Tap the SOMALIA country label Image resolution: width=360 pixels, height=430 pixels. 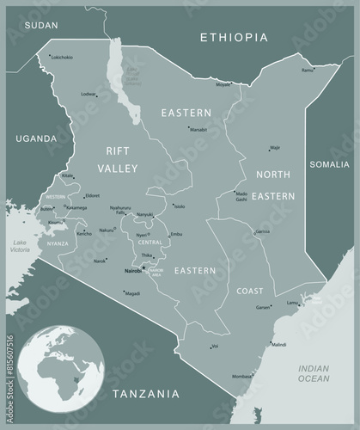tap(329, 163)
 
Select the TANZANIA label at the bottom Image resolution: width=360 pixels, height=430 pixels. tap(146, 394)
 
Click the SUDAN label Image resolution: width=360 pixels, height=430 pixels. tap(40, 26)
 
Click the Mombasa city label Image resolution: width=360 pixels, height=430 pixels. tap(242, 376)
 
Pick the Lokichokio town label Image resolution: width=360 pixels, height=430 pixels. tap(62, 57)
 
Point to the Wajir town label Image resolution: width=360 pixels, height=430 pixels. tap(275, 148)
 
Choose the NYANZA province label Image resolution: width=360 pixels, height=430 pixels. tap(58, 243)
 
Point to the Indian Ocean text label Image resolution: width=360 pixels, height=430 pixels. tap(314, 372)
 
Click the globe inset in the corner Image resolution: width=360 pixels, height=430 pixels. tap(52, 367)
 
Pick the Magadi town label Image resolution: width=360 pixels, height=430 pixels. tap(132, 293)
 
